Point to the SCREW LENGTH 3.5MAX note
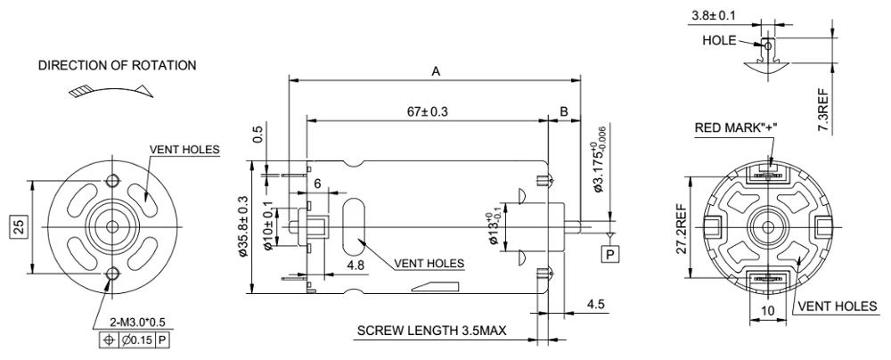[x=431, y=331]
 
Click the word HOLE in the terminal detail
[x=719, y=40]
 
